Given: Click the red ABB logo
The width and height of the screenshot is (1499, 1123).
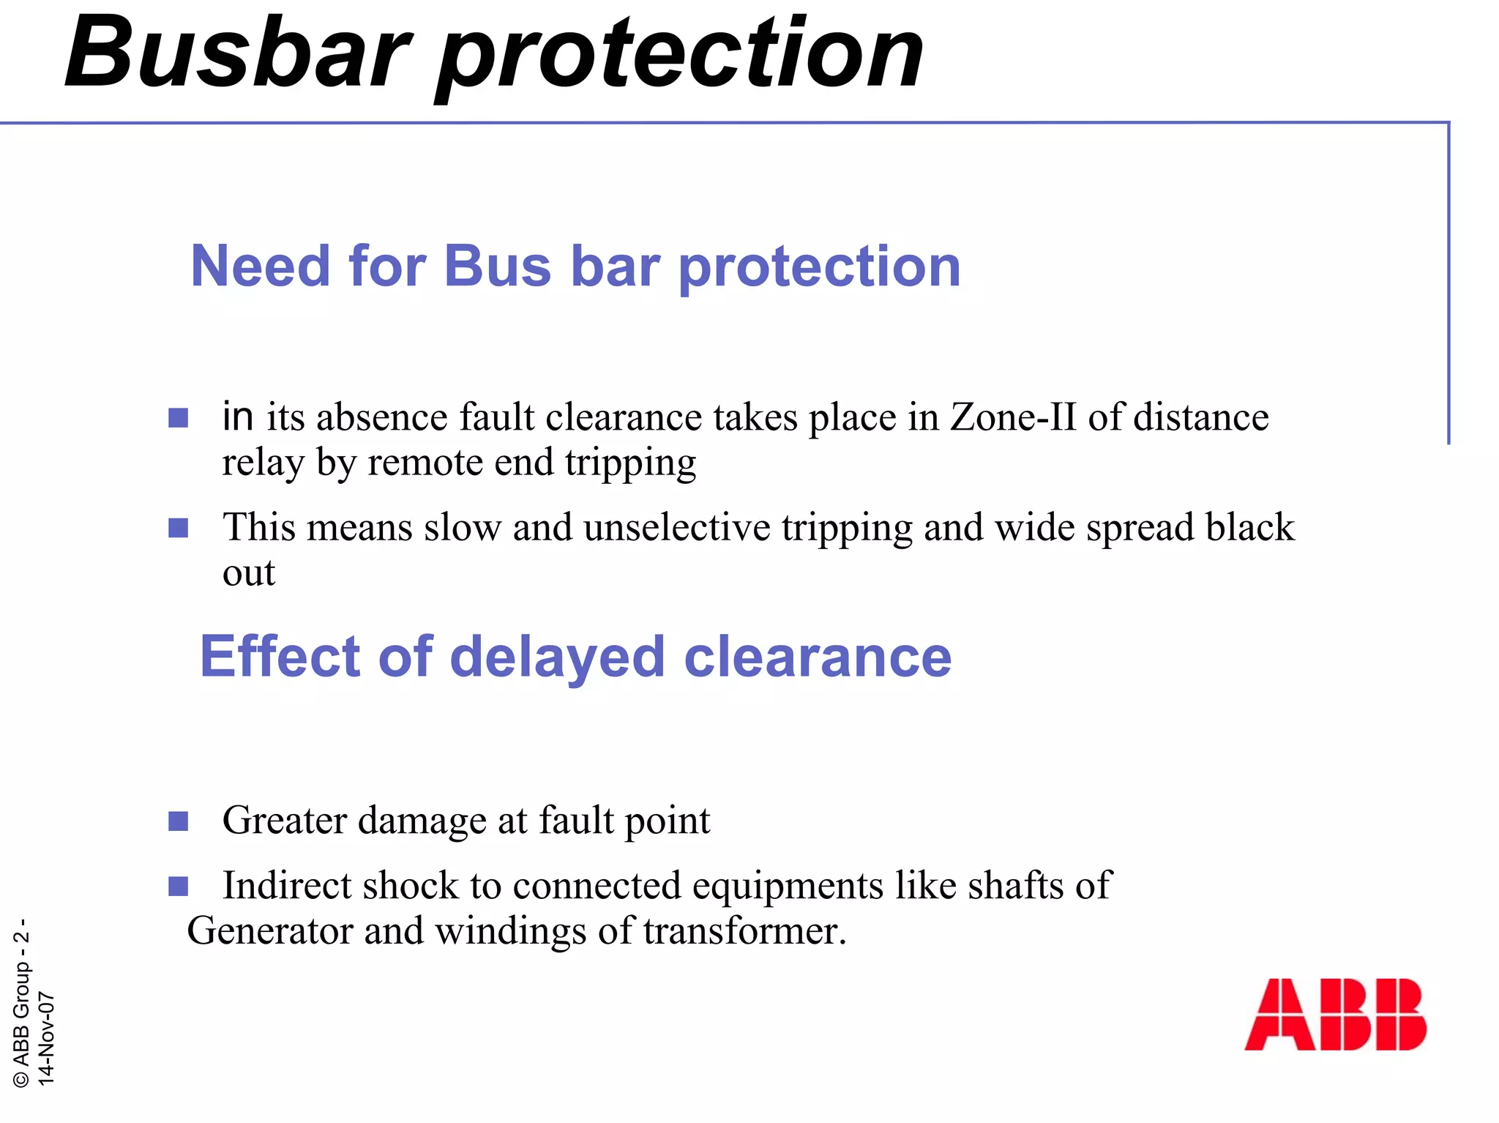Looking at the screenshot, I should point(1335,1015).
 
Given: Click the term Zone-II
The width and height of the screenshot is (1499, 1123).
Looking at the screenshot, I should point(1013,417).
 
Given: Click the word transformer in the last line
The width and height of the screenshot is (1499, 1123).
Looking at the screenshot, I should point(744,931).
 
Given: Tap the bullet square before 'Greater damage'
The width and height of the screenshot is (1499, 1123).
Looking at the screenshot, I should point(178,821).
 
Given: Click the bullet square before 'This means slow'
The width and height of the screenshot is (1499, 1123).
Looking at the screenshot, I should point(178,528).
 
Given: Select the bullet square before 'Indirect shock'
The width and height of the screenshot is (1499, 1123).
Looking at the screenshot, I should point(178,887).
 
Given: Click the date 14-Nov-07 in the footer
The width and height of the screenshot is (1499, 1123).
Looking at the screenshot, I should point(45,1038).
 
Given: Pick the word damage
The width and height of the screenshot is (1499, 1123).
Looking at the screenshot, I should point(422,821).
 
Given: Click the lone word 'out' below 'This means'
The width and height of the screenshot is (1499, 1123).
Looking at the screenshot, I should point(249,573).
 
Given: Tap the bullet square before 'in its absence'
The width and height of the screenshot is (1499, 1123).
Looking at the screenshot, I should point(178,418).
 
